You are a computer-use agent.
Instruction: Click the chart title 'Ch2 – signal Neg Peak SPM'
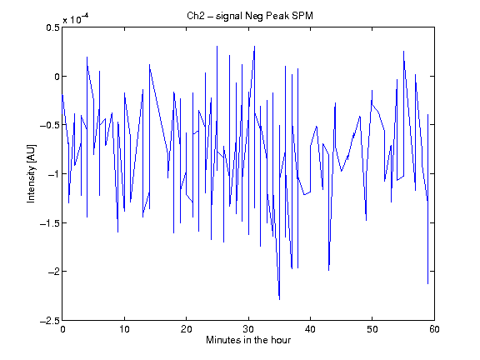point(250,16)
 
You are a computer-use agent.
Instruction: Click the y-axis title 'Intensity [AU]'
point(31,173)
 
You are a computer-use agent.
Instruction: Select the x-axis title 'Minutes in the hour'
point(248,340)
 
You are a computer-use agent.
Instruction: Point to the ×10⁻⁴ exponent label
point(76,18)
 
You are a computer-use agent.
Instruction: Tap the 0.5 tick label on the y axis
point(52,27)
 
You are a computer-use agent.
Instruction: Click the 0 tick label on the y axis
point(57,76)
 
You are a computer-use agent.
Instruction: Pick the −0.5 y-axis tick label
point(50,125)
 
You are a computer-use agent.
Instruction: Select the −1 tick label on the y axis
point(53,174)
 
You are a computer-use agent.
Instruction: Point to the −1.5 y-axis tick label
point(50,222)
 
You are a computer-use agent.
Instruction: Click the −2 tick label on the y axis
point(53,272)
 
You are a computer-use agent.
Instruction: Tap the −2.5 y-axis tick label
point(50,321)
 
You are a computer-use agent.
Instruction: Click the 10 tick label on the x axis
point(124,329)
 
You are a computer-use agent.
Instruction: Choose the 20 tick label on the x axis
point(186,329)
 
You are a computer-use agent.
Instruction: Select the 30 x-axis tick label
point(248,329)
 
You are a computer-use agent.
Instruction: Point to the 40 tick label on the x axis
point(310,329)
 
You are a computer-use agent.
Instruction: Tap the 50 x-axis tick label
point(372,329)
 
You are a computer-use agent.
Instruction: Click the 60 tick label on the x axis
point(434,329)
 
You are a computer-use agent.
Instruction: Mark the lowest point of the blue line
point(279,299)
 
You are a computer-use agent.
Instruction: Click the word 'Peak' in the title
point(277,16)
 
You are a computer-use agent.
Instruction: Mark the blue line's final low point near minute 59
point(427,284)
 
